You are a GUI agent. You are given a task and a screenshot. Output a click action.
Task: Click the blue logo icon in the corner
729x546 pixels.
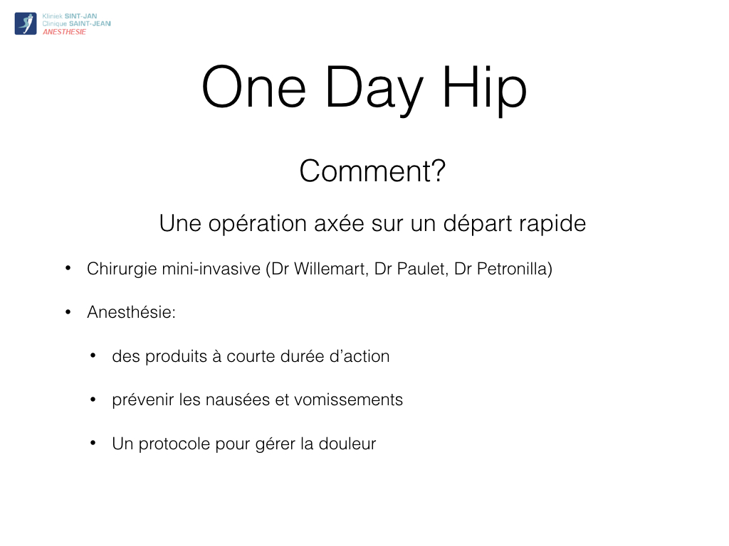coord(26,23)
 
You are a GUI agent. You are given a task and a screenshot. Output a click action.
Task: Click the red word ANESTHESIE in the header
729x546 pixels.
coord(64,32)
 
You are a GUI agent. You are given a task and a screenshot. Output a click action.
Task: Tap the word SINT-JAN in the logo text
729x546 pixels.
coord(81,16)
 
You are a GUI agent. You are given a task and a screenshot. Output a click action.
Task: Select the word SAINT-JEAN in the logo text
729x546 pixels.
coord(90,23)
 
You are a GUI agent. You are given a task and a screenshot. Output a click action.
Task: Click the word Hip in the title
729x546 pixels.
coord(484,89)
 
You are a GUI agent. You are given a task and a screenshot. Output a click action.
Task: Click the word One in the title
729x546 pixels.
coord(254,87)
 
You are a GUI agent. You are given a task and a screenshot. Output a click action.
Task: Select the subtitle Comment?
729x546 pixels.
coord(372,171)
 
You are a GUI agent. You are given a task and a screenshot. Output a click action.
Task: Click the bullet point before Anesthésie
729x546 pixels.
coord(68,312)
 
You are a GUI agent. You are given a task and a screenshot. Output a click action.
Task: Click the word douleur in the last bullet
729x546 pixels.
coord(347,444)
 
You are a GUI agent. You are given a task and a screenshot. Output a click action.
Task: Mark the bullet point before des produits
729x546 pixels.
coord(93,355)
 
